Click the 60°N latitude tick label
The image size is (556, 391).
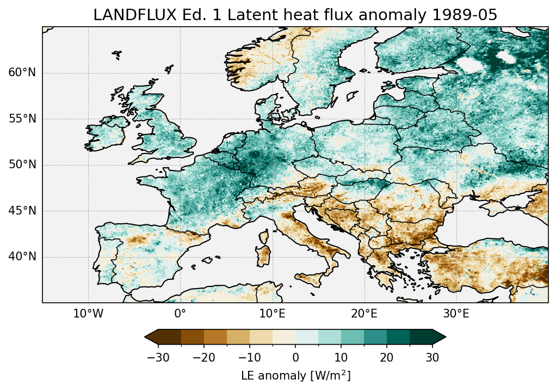(x=22, y=73)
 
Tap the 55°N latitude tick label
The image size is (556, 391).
(x=22, y=119)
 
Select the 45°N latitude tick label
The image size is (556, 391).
(x=22, y=211)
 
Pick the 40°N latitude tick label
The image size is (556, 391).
(x=22, y=256)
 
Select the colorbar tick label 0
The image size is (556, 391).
(x=295, y=358)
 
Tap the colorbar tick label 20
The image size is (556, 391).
(x=387, y=358)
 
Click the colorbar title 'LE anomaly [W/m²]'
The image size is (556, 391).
(x=295, y=376)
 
